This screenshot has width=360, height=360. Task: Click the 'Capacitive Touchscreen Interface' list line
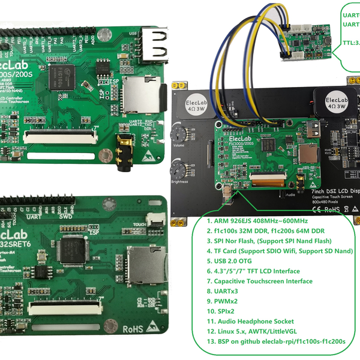259,281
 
